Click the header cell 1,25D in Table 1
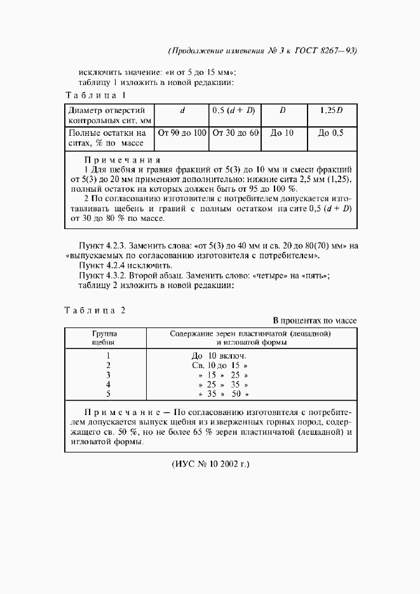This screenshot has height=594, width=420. [330, 110]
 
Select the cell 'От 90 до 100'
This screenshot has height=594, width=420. [182, 133]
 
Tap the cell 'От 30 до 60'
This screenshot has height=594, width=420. [235, 133]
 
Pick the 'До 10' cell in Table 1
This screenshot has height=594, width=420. [282, 133]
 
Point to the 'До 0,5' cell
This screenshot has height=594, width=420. [330, 133]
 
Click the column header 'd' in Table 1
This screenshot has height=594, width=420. [182, 110]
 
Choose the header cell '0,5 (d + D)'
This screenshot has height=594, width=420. [235, 110]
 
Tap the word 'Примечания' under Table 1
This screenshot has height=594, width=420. [123, 160]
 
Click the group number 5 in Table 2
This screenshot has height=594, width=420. [109, 394]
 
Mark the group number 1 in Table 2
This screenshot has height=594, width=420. [109, 356]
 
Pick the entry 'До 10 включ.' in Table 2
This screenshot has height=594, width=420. [219, 356]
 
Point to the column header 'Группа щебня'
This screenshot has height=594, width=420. [104, 338]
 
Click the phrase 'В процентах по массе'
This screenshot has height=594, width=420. [315, 320]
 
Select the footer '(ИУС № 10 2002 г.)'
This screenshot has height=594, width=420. [211, 464]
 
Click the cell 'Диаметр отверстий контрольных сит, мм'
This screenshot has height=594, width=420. [107, 115]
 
